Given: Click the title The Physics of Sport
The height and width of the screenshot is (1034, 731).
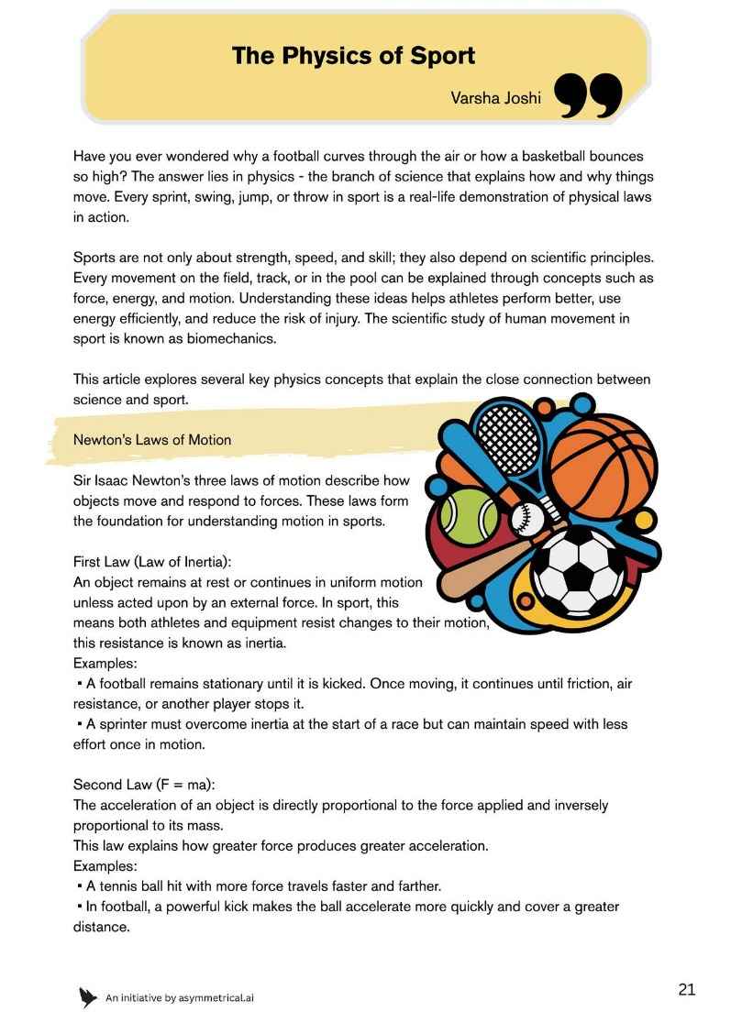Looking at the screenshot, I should pos(353,56).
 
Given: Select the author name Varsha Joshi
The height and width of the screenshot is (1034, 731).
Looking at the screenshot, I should pos(495,97).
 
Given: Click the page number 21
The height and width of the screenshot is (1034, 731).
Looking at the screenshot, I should pos(687,989).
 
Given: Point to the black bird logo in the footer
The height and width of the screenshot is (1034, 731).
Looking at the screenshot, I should pos(88,997).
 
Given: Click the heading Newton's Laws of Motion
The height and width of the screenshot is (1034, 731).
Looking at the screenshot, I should pos(152,440).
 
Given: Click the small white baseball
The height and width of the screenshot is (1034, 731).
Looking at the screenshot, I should pos(525,519).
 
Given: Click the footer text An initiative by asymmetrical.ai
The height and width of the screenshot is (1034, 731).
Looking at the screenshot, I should pos(180,998).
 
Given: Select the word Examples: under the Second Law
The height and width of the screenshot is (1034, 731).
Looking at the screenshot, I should pos(105,865).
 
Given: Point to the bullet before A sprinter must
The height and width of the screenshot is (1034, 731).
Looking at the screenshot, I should pos(80,724).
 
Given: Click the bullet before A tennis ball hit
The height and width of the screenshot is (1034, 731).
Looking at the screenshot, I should pos(80,886).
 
